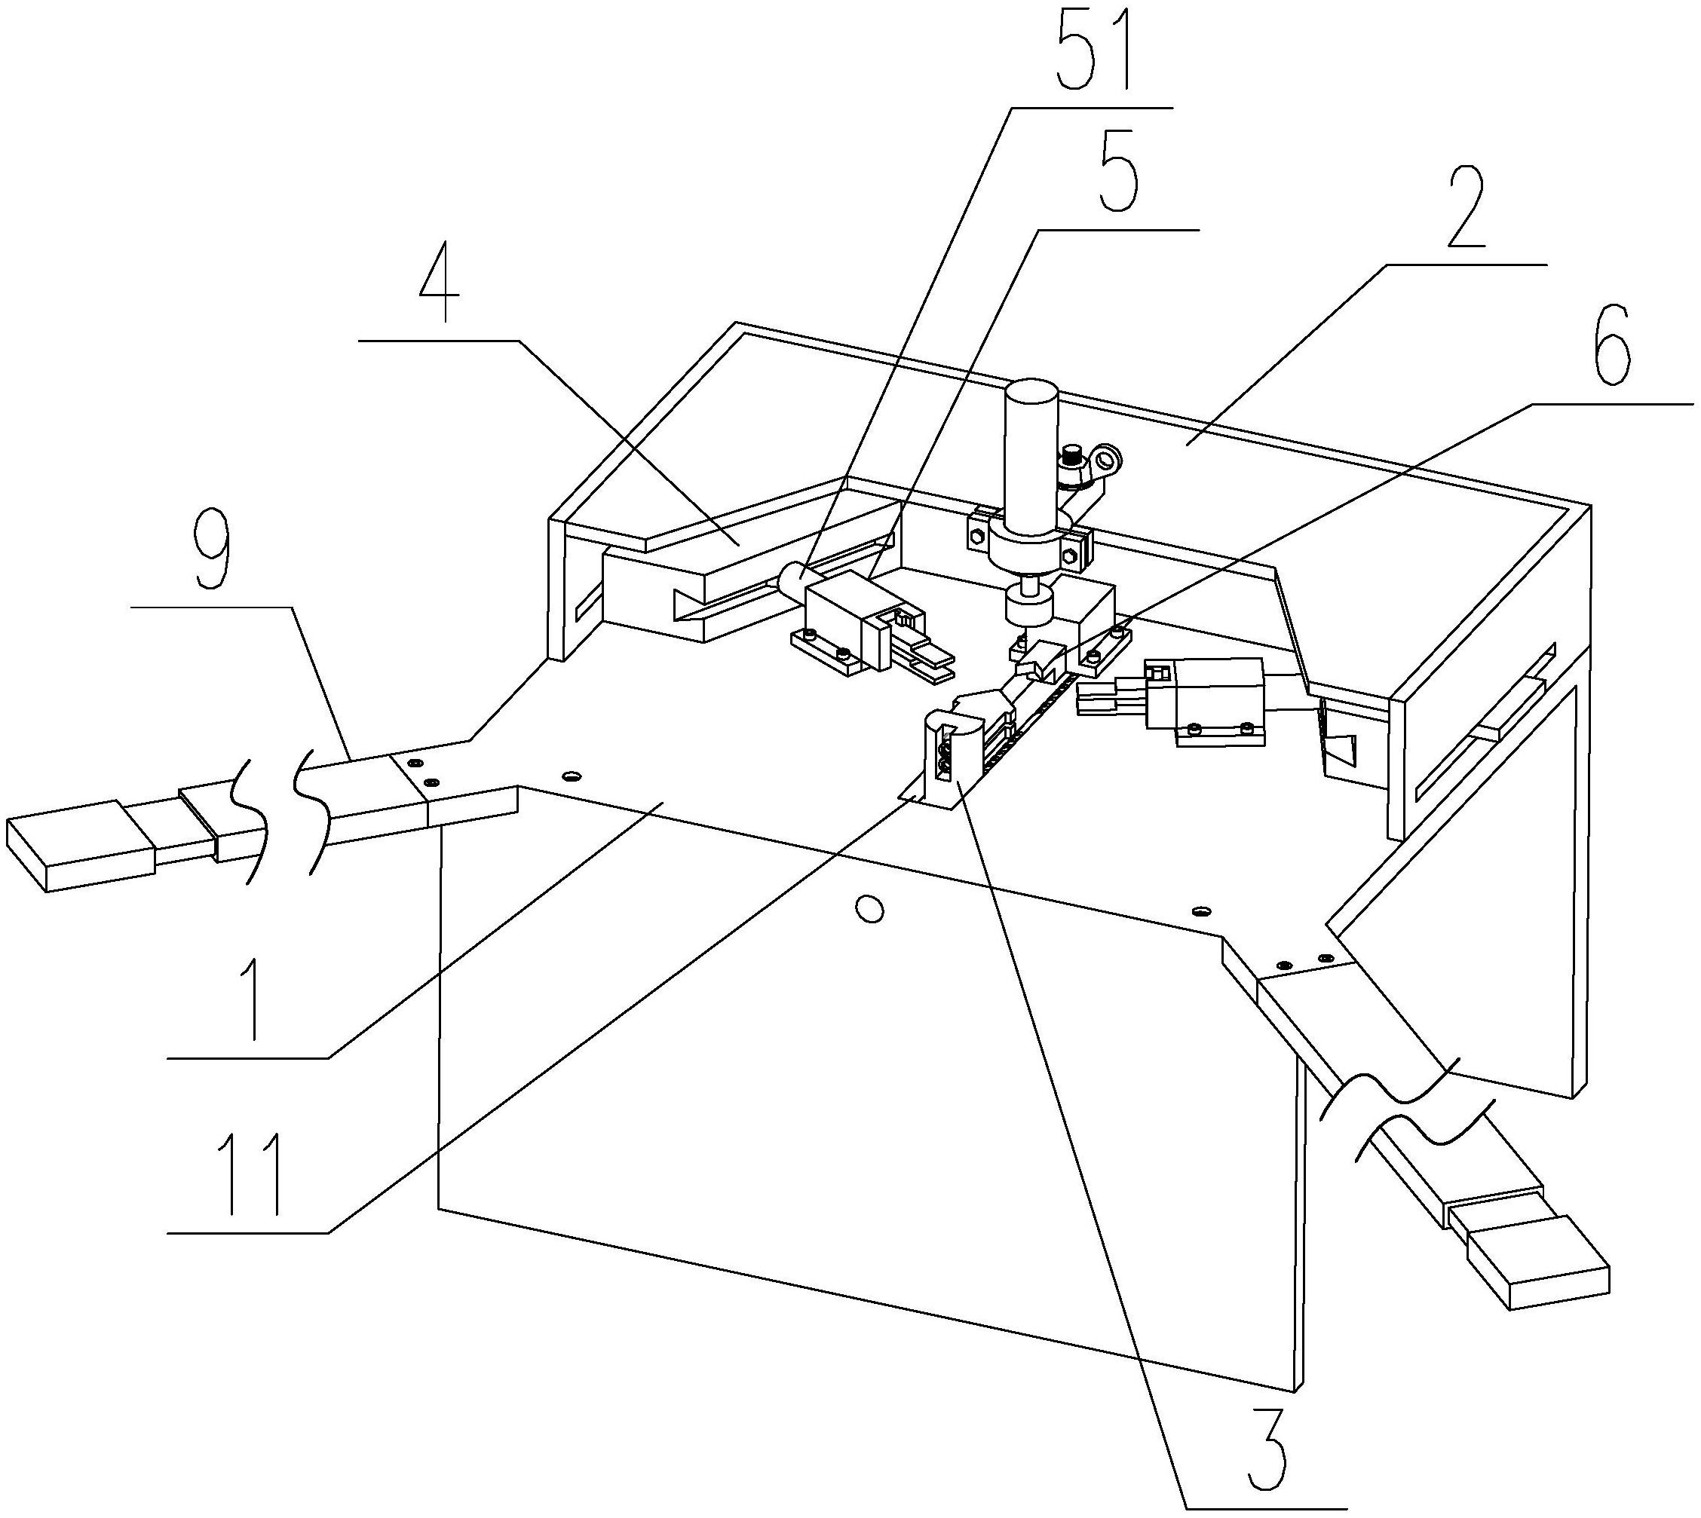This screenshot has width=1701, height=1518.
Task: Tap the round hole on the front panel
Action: (x=870, y=908)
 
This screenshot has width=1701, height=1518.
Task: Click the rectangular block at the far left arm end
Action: (x=79, y=844)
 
